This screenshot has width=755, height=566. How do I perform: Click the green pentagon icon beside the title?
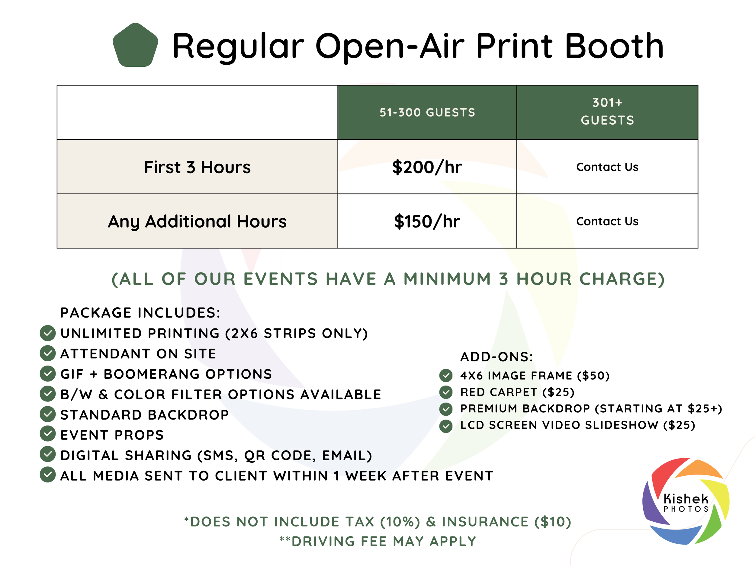click(136, 45)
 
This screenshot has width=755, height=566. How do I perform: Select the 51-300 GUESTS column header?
click(427, 113)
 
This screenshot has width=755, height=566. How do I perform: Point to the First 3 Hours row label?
click(197, 167)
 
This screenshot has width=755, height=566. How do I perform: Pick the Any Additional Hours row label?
click(197, 221)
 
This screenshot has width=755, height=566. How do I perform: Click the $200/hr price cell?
click(427, 167)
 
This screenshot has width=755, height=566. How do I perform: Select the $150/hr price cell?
click(427, 221)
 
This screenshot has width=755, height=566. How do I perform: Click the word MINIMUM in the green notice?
click(447, 279)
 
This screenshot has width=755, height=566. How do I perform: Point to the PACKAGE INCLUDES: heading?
click(140, 313)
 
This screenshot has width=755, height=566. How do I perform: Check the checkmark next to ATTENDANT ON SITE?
click(48, 353)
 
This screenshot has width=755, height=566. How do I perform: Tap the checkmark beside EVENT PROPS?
click(48, 434)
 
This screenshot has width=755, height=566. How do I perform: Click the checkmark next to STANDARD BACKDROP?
click(48, 414)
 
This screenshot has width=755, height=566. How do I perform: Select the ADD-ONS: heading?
click(496, 357)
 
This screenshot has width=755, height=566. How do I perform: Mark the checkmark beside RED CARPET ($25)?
click(446, 392)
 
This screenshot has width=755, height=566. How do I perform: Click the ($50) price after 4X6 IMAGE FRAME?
click(593, 376)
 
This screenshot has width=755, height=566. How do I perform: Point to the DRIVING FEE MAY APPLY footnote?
click(377, 542)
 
